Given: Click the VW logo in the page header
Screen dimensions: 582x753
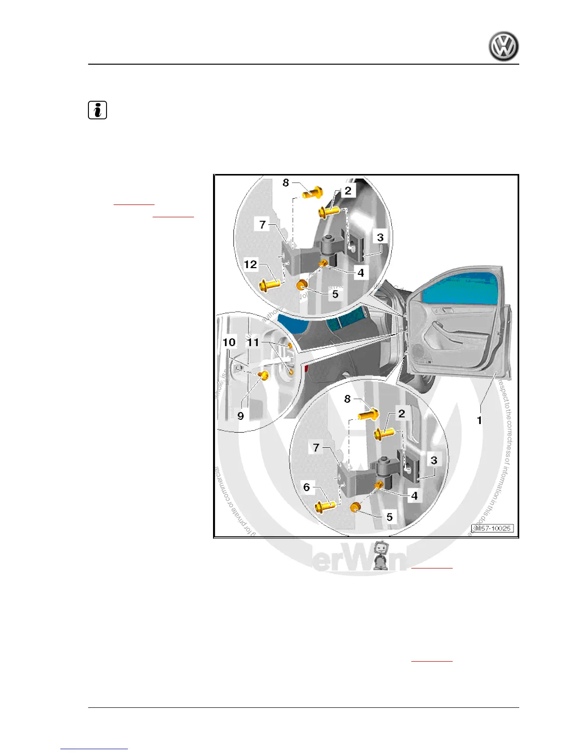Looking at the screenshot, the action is click(504, 47).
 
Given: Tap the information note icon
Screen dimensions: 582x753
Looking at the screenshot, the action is click(97, 110).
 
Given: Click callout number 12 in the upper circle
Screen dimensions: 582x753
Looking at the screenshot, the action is click(250, 264).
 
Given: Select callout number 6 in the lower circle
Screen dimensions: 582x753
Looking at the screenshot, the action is click(307, 487).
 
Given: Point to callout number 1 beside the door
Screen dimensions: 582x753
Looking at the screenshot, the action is click(479, 420).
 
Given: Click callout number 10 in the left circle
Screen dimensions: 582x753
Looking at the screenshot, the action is click(229, 342).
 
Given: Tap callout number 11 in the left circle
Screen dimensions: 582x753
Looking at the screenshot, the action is click(253, 342).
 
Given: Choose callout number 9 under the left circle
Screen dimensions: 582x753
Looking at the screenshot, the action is click(241, 416).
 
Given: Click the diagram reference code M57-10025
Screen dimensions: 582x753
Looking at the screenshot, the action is click(492, 529).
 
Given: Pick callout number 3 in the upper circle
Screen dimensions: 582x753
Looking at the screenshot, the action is click(380, 237).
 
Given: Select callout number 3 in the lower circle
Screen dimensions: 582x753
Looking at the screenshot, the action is click(434, 460).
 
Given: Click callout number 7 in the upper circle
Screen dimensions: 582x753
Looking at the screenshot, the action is click(262, 224).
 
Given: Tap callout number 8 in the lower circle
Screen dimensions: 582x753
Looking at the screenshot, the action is click(348, 399).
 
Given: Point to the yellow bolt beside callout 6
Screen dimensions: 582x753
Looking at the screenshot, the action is click(326, 506).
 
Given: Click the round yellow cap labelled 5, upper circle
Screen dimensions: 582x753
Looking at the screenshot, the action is click(301, 285).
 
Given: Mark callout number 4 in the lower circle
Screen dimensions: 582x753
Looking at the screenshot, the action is click(414, 496).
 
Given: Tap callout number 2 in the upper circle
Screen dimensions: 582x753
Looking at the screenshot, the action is click(348, 191).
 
